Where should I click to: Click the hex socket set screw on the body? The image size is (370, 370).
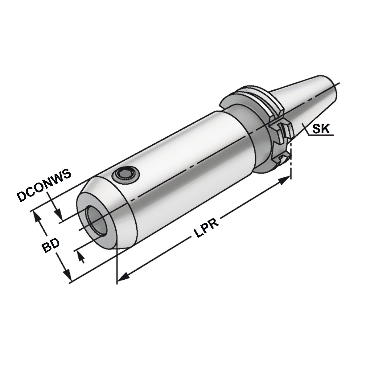126,175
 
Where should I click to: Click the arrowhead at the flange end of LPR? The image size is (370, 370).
285,179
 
